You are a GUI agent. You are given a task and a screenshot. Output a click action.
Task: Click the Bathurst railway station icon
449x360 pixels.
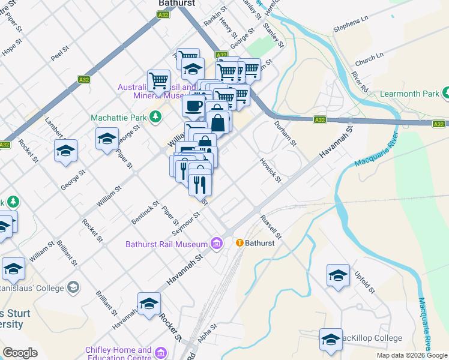[240, 243]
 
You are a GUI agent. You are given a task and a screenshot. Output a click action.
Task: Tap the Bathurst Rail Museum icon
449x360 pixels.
[217, 243]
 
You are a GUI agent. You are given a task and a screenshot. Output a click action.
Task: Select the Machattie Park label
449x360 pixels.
[119, 117]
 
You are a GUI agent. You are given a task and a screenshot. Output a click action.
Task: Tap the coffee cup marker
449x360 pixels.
[193, 106]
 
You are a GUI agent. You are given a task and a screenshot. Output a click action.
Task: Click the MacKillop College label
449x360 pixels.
[372, 338]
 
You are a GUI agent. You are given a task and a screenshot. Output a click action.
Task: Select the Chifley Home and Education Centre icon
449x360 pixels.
[160, 352]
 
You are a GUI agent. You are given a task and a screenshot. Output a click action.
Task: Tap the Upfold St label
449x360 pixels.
[366, 281]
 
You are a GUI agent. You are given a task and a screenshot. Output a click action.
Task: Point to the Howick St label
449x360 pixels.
[270, 170]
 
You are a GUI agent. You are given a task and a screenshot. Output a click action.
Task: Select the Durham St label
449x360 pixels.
[285, 134]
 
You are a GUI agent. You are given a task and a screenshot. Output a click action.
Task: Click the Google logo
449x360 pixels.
[20, 353]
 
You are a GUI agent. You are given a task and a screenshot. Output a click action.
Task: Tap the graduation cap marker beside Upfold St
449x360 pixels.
[338, 276]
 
